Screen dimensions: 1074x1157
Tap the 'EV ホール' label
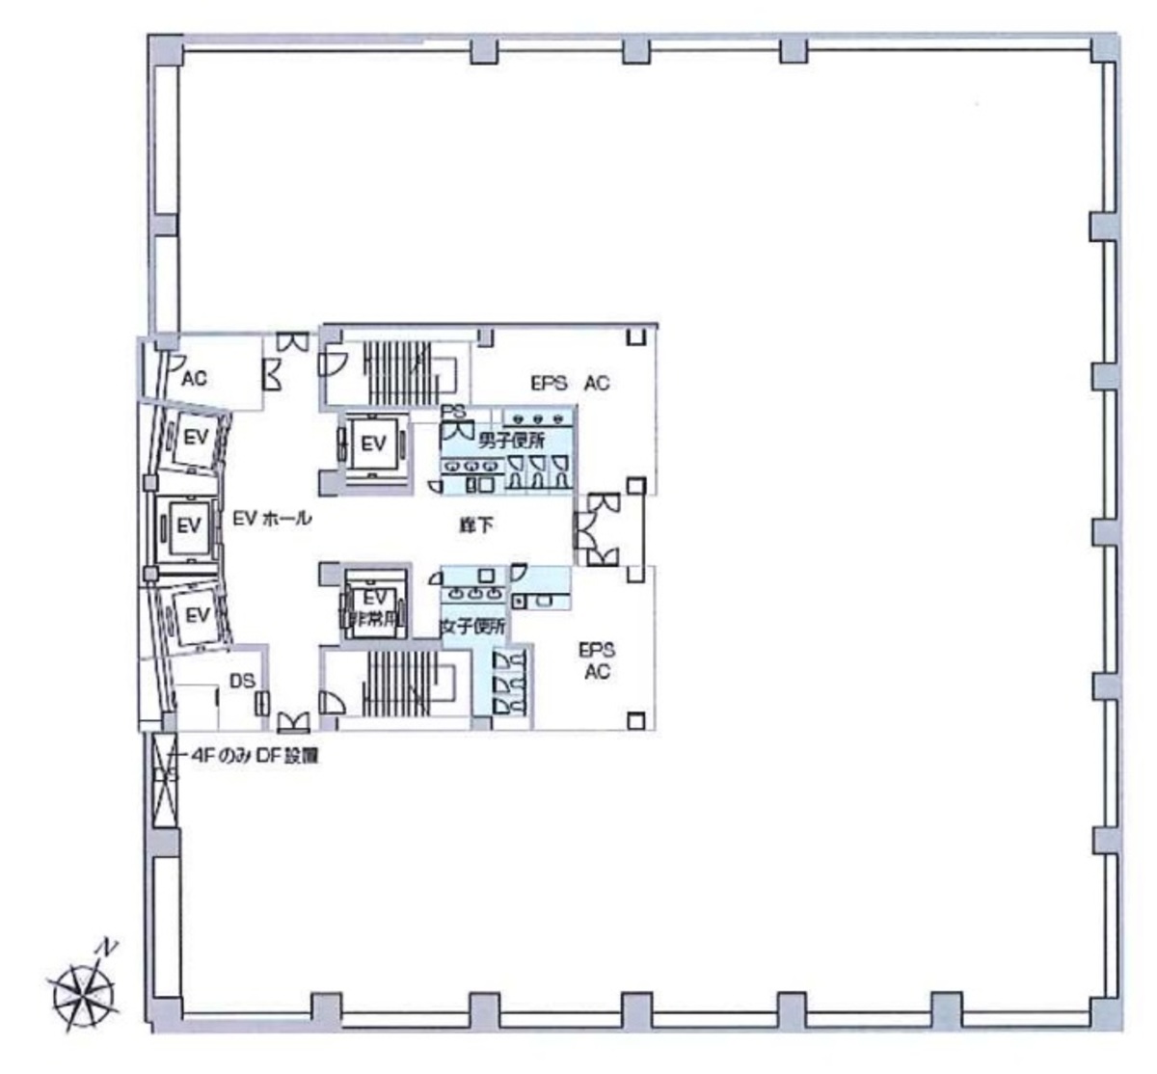pyautogui.click(x=272, y=519)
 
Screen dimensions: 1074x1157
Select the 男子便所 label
pyautogui.click(x=511, y=442)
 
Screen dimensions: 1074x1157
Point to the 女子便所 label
pyautogui.click(x=472, y=627)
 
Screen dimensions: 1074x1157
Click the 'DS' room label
pyautogui.click(x=242, y=681)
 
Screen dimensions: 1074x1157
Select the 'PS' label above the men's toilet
pyautogui.click(x=453, y=412)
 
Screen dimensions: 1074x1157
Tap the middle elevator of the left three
pyautogui.click(x=187, y=526)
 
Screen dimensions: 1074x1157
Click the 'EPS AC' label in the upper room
pyautogui.click(x=570, y=383)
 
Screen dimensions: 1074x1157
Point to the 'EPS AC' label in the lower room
pyautogui.click(x=596, y=660)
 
